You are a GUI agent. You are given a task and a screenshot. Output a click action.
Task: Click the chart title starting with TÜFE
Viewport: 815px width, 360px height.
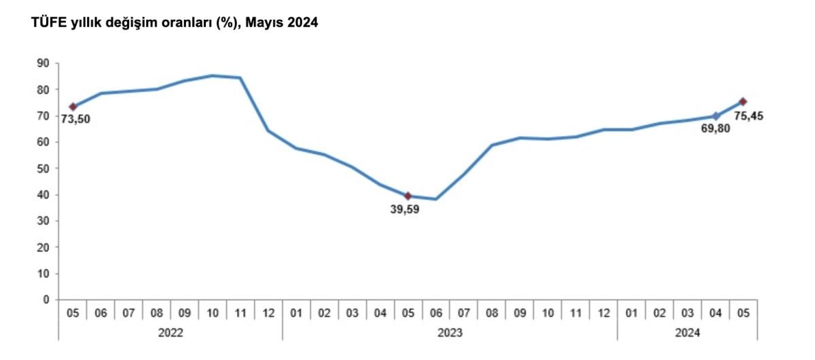174,22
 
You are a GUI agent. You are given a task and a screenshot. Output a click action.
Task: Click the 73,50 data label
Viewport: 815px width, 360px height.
75,120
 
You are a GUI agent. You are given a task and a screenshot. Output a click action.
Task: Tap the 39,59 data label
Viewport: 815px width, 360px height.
404,209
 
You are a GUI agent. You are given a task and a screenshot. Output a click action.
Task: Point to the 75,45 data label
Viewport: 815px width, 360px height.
749,115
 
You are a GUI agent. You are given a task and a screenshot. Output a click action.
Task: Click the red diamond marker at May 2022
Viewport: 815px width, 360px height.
73,107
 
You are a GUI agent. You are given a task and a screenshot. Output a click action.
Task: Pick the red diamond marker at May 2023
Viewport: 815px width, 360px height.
407,196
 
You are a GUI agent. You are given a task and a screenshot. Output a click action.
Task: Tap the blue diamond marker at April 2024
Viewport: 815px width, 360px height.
715,116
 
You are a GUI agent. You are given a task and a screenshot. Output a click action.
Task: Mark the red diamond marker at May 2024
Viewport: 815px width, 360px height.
743,102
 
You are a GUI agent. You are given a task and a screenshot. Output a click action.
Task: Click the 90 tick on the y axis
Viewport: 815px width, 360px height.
43,63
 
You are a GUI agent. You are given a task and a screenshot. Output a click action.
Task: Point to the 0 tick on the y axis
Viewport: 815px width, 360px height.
47,300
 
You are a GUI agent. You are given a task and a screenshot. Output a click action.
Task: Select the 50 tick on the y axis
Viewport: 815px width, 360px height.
43,168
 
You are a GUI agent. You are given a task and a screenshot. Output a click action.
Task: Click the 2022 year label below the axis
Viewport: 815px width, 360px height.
170,333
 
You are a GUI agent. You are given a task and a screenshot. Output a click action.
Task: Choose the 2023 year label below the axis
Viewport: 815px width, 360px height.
450,333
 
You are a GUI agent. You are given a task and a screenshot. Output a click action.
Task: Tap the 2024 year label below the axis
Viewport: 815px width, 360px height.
687,333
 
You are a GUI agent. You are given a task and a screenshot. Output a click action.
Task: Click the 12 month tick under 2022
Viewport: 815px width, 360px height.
268,313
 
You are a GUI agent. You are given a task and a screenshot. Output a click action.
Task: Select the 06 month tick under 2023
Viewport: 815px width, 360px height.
436,313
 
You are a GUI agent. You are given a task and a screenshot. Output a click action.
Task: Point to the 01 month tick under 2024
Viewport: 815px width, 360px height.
632,313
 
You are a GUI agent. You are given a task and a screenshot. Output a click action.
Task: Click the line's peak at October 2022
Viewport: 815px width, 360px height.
213,75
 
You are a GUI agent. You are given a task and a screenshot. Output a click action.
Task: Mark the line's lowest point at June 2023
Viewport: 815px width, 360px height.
436,199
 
